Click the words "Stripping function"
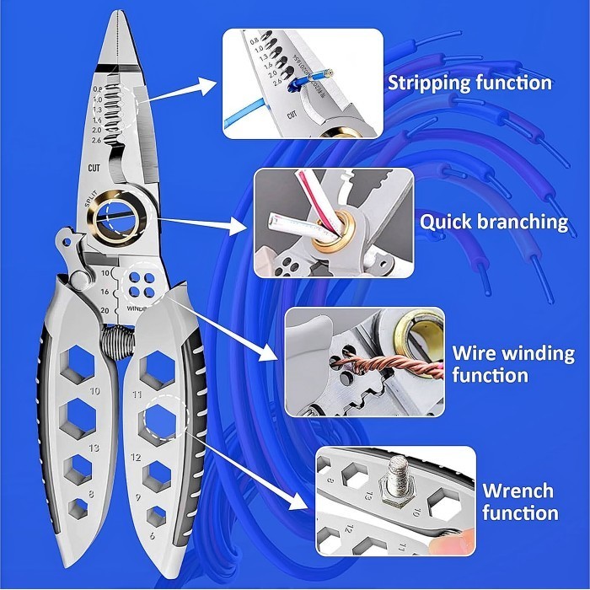[469, 83]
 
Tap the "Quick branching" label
[494, 222]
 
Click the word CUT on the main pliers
[95, 167]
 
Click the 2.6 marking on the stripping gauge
[96, 141]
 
